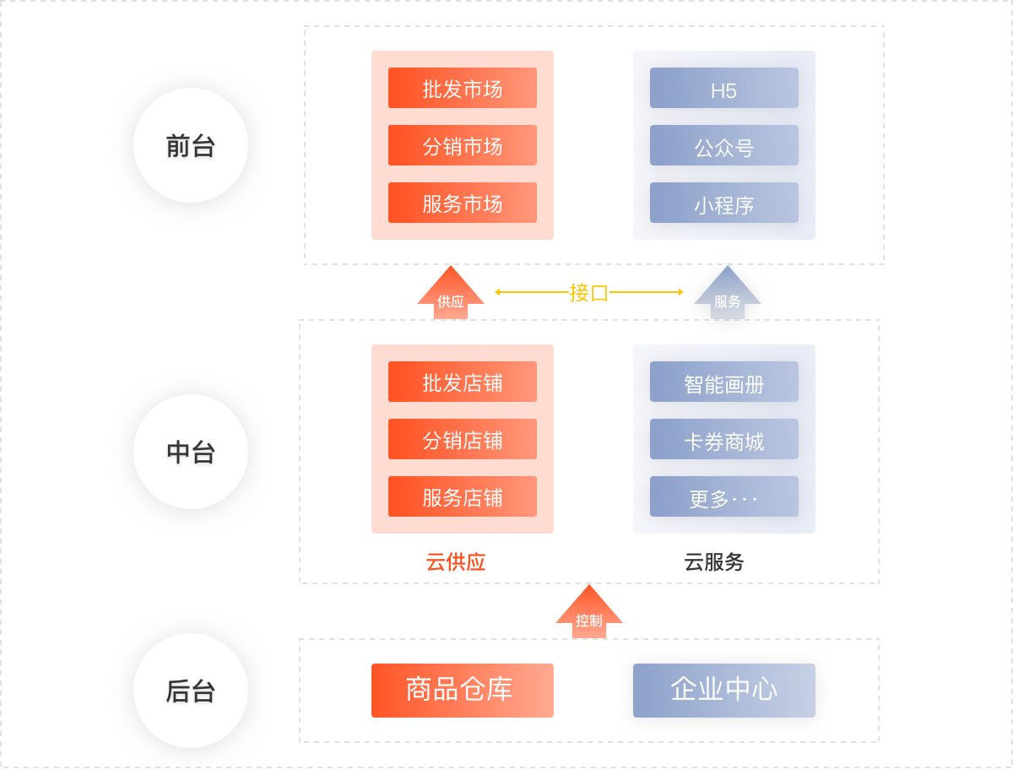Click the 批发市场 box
[x=462, y=88]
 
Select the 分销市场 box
[x=462, y=145]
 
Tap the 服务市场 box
[x=462, y=203]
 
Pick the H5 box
[x=723, y=88]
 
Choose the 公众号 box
[x=723, y=145]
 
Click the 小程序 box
[x=723, y=203]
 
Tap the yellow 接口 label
[x=588, y=292]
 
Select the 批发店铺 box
[x=462, y=382]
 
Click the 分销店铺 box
[x=462, y=439]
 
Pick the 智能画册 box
[x=723, y=382]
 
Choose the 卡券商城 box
[x=723, y=439]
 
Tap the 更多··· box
[x=723, y=496]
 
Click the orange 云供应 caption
[x=456, y=562]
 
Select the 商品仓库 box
[x=462, y=690]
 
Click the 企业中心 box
[x=723, y=690]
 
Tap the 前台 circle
[x=191, y=145]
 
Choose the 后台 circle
[x=191, y=690]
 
